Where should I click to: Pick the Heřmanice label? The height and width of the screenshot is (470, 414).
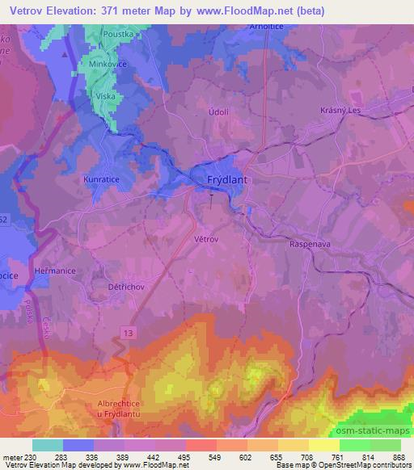[x=55, y=271]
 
